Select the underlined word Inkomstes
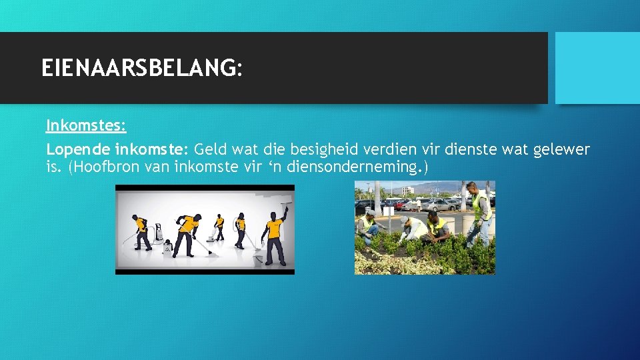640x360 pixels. (86, 125)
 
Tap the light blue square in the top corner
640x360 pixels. (597, 68)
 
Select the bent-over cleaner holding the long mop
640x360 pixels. (189, 233)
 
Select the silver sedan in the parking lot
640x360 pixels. (437, 205)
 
